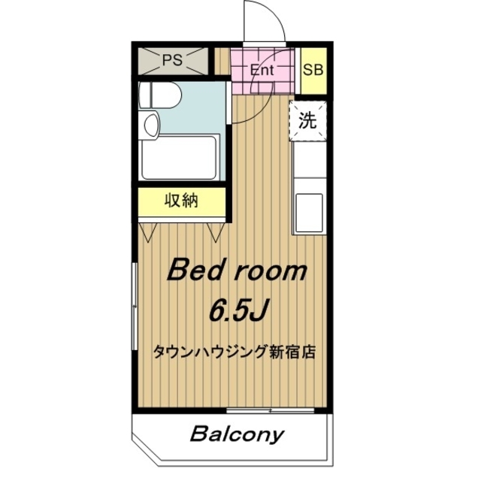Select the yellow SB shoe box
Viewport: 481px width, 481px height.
click(313, 70)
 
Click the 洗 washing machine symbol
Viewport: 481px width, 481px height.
click(308, 120)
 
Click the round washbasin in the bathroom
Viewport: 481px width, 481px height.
click(150, 124)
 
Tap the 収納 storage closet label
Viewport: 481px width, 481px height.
click(181, 201)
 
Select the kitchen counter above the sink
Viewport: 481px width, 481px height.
click(309, 165)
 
